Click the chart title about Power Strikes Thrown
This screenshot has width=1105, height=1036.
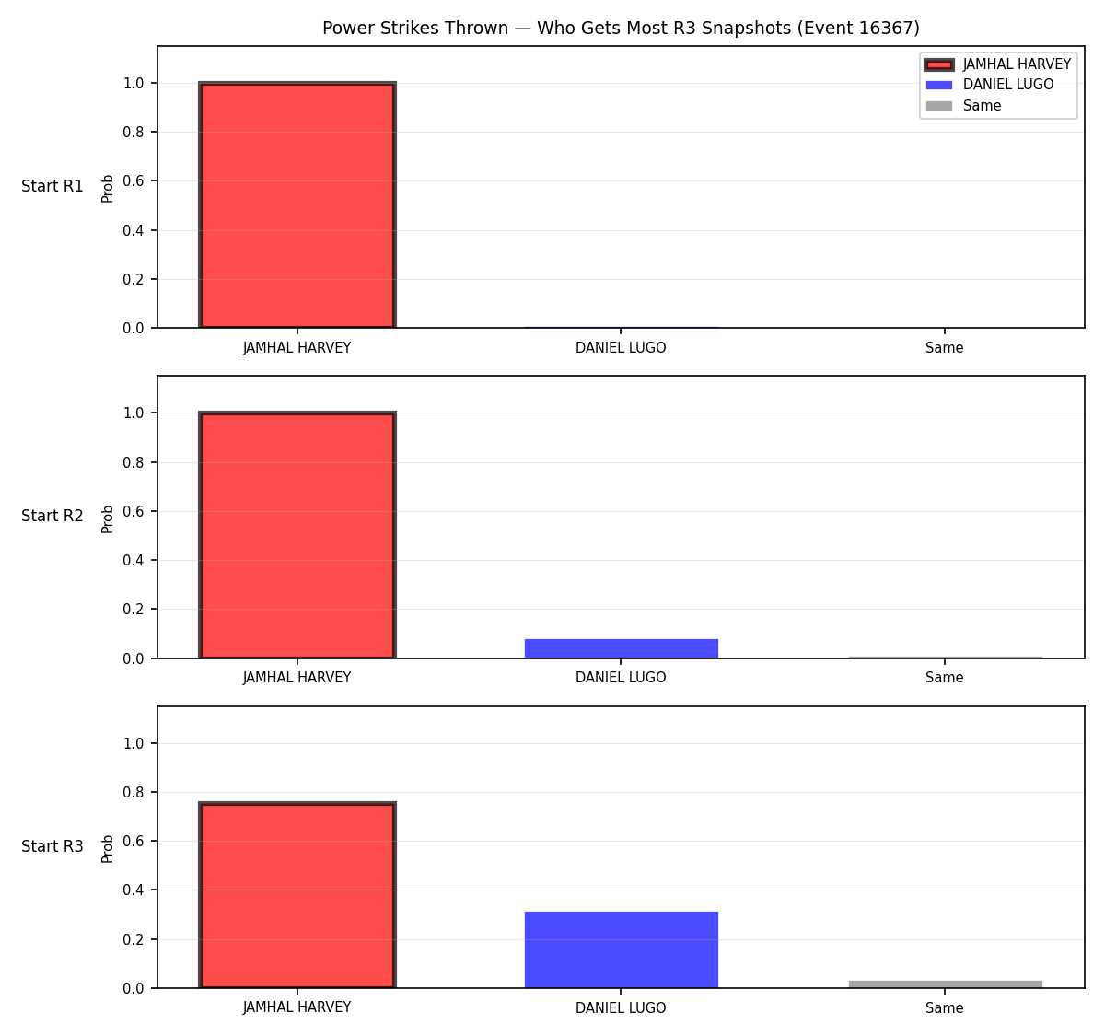click(621, 28)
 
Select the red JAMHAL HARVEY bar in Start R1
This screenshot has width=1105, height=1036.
click(297, 204)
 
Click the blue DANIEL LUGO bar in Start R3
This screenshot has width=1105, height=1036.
click(621, 949)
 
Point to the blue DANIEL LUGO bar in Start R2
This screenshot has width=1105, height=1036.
click(621, 648)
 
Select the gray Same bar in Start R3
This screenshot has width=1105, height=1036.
click(945, 984)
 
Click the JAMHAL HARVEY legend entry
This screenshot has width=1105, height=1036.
click(997, 64)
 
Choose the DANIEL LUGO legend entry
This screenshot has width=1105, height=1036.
click(989, 85)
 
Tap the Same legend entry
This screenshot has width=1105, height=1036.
click(962, 106)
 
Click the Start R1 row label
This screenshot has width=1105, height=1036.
click(52, 186)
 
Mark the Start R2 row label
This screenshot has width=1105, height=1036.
click(52, 516)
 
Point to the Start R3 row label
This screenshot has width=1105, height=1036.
click(52, 845)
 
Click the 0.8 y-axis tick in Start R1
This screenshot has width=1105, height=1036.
click(133, 132)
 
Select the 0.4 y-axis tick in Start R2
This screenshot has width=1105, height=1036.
click(133, 560)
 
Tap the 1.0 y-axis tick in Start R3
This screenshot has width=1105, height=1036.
click(133, 743)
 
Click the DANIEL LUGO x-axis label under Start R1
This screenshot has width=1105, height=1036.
click(621, 348)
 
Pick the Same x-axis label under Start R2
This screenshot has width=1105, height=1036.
click(944, 678)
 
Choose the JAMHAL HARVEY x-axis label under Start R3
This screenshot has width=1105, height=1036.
click(297, 1007)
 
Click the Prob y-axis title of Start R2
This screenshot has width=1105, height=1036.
click(108, 518)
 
